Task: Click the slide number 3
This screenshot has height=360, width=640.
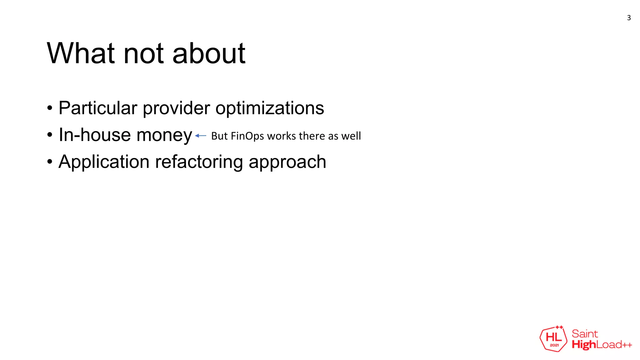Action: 629,18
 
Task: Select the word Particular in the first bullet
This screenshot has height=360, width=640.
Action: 98,108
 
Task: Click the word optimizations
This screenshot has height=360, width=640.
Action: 270,109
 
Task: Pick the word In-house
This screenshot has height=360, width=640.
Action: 95,135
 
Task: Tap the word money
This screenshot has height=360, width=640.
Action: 164,136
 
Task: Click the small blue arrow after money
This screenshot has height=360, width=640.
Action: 201,136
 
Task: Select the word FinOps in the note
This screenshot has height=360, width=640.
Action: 247,136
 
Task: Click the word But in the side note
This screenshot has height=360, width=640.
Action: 219,136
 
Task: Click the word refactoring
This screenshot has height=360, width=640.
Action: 199,162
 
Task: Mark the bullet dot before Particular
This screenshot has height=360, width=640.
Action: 50,108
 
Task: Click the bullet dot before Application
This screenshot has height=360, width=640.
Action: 50,162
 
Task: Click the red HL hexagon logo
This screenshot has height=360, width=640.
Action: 553,339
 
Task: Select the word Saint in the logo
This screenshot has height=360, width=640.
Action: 585,334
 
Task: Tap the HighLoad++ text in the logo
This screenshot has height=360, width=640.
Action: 602,345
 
